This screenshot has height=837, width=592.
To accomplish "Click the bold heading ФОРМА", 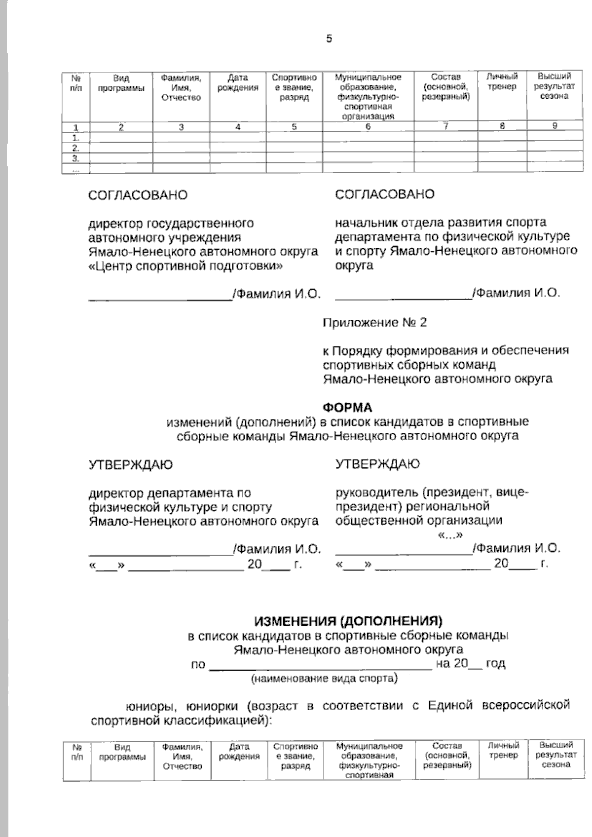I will [x=347, y=408].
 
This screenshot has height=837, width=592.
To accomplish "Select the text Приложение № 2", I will [x=374, y=323].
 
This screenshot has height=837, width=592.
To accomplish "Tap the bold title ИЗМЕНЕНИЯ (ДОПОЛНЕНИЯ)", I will [x=348, y=620].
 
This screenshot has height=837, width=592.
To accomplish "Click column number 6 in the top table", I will [x=368, y=126].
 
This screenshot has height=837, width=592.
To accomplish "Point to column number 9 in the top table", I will [x=555, y=126].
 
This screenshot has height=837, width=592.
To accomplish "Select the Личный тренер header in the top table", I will [x=502, y=82].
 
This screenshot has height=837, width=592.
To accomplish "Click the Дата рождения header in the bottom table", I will [x=239, y=751].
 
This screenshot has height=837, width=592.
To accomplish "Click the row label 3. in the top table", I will [x=76, y=158].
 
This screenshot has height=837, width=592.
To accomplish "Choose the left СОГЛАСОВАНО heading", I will [x=138, y=195].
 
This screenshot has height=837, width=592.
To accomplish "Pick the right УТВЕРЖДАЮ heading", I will [x=377, y=464].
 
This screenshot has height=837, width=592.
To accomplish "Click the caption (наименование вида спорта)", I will [x=324, y=679].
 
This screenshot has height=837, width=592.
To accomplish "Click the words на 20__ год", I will [x=471, y=664].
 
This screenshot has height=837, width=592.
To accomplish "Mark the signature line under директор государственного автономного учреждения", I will [x=160, y=298].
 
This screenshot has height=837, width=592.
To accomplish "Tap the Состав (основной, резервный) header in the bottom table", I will [x=446, y=755].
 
